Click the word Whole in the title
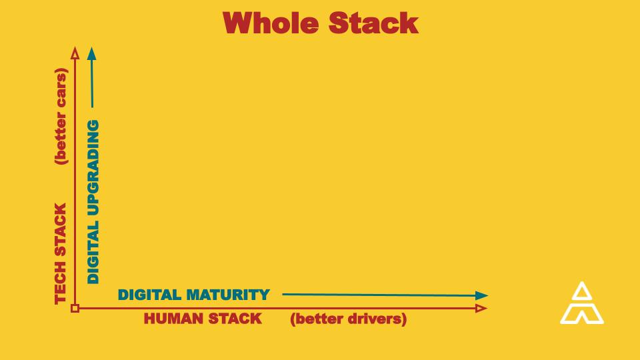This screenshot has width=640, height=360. [270, 23]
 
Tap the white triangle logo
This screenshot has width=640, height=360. [582, 304]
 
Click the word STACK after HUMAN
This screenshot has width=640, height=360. [235, 319]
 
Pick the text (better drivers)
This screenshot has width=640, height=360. [348, 319]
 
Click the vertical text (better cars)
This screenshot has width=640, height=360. [61, 115]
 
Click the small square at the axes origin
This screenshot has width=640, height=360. [75, 308]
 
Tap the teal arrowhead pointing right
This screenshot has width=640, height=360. [482, 295]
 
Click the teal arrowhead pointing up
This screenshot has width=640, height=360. [91, 53]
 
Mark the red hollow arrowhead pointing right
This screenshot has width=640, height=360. [481, 308]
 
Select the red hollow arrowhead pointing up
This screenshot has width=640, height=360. [75, 53]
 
